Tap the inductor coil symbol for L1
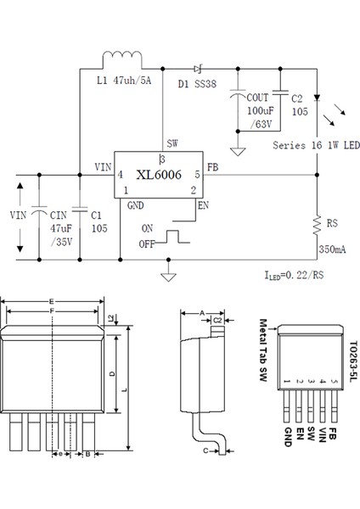point(122,58)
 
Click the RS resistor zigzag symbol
point(317,224)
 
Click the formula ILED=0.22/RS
point(292,276)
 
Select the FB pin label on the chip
point(212,167)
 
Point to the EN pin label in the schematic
point(202,204)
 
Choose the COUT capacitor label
point(257,98)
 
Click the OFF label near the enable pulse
point(149,245)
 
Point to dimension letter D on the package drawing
point(113,374)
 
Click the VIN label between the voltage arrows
point(18,215)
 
